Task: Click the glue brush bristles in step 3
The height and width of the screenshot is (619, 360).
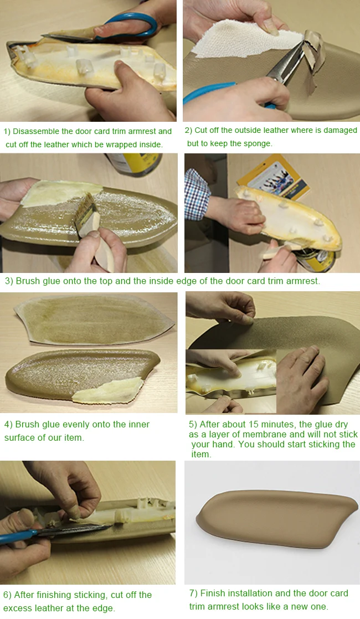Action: pyautogui.click(x=85, y=213)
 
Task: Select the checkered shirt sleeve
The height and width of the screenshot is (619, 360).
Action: pyautogui.click(x=197, y=193)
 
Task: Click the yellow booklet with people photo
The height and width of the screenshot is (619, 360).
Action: pyautogui.click(x=272, y=178)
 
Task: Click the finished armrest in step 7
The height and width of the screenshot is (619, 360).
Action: pyautogui.click(x=277, y=518)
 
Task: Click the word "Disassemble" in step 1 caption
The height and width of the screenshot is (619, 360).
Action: pyautogui.click(x=36, y=131)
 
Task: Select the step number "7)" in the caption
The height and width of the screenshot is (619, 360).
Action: pyautogui.click(x=193, y=594)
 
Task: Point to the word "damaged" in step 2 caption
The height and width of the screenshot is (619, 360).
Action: pyautogui.click(x=340, y=131)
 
